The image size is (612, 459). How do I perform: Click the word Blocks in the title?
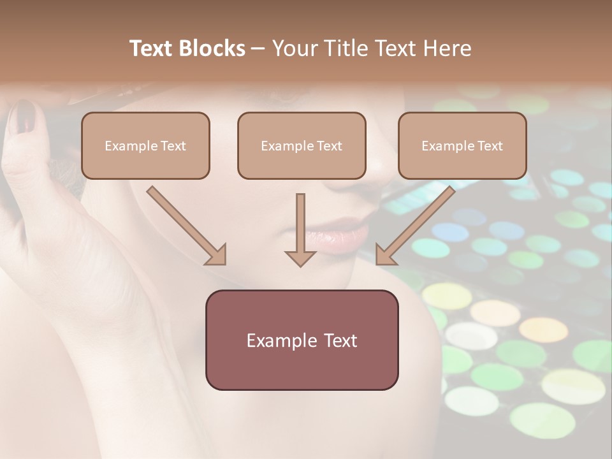pos(212,48)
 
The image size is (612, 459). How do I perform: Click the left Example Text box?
pos(145,145)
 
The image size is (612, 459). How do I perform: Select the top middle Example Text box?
pos(302,145)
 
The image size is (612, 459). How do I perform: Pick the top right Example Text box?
pos(462,145)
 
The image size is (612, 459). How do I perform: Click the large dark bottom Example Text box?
pos(302,340)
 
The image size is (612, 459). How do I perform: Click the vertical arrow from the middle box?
pos(300,229)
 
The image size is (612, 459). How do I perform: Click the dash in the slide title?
pos(258,48)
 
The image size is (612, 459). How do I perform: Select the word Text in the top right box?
pos(490,146)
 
